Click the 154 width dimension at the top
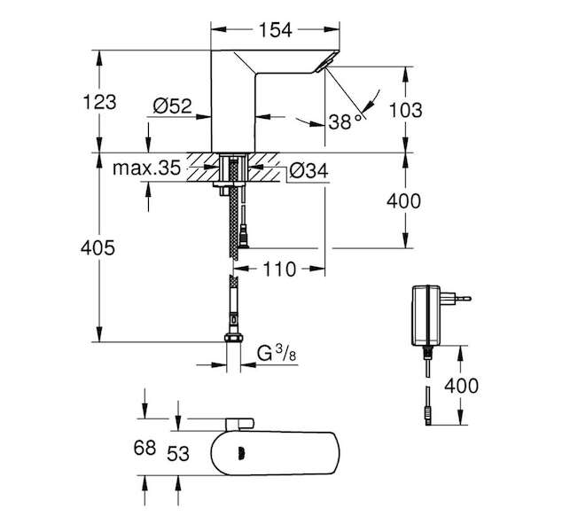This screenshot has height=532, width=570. (275, 30)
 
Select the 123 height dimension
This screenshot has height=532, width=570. (99, 102)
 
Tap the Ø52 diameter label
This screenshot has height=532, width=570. (172, 106)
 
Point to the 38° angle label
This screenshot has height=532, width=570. (346, 121)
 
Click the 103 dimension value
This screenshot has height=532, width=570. (405, 110)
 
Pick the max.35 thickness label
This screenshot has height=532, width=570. (146, 168)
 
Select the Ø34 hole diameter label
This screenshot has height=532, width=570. (309, 170)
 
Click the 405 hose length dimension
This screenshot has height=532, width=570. (98, 248)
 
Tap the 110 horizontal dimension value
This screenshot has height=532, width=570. (279, 270)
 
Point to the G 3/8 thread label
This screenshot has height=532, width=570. (277, 353)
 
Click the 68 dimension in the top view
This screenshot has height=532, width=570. (144, 447)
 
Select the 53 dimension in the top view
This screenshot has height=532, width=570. (178, 453)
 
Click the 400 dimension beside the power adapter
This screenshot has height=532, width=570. (461, 386)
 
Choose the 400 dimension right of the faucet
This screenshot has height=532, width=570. (403, 200)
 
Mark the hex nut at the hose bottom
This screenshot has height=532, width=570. (233, 338)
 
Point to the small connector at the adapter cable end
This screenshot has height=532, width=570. (428, 416)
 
